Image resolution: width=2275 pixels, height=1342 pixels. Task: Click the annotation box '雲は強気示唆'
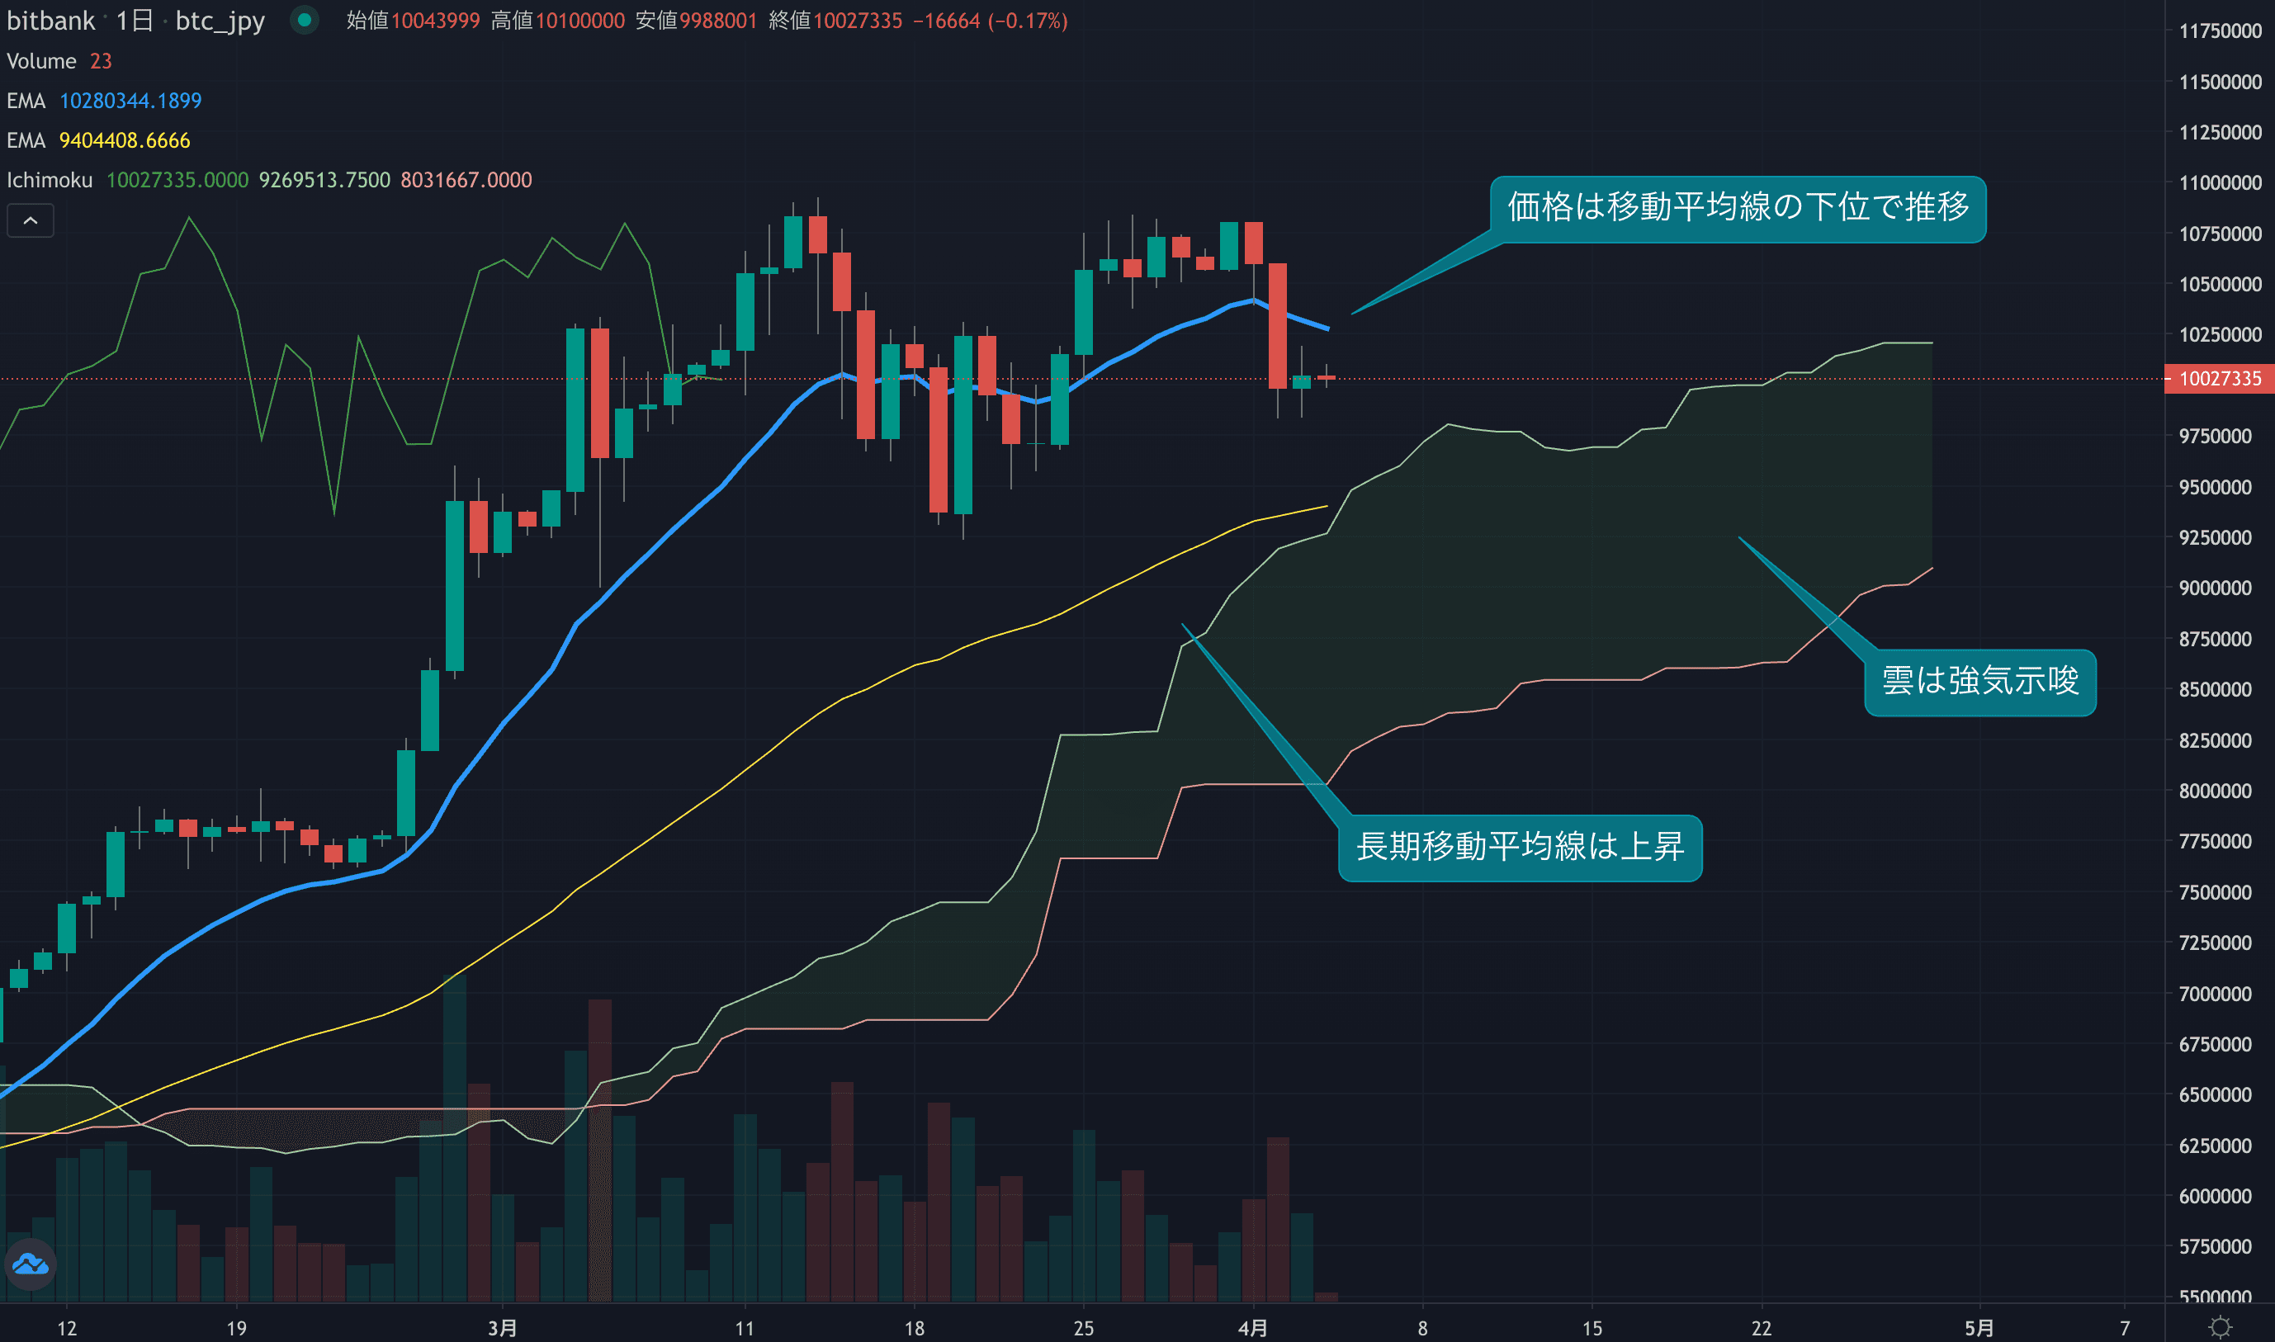point(1979,682)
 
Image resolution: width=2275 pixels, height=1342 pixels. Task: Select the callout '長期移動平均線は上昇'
point(1520,848)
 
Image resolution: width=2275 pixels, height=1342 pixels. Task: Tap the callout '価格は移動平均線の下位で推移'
point(1737,209)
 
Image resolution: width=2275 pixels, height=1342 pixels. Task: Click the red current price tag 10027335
point(2220,379)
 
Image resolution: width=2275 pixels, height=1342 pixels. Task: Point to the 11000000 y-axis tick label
point(2220,182)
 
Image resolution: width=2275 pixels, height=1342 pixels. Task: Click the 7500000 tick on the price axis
point(2220,892)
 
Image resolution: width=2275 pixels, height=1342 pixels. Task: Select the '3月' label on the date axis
point(502,1327)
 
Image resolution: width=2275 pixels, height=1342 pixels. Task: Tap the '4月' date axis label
point(1252,1327)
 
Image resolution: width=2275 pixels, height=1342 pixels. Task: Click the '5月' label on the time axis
point(1979,1327)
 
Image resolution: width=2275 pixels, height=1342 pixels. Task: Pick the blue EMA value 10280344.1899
point(130,102)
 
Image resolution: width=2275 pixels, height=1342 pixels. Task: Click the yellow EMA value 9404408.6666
point(125,141)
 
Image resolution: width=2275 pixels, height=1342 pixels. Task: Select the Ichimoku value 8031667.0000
point(466,181)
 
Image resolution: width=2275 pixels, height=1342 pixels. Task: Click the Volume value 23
point(101,62)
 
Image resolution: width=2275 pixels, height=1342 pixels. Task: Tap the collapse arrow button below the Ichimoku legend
point(31,220)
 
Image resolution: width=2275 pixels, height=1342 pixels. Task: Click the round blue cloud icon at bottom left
point(31,1264)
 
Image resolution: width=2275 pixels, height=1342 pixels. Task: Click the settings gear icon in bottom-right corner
point(2220,1327)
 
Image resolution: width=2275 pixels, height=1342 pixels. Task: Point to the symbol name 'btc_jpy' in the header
point(220,21)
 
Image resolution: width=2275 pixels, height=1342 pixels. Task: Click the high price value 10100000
point(579,21)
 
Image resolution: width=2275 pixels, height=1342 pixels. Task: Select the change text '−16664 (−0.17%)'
point(990,21)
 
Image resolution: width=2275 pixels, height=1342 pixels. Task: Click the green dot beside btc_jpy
point(305,20)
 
